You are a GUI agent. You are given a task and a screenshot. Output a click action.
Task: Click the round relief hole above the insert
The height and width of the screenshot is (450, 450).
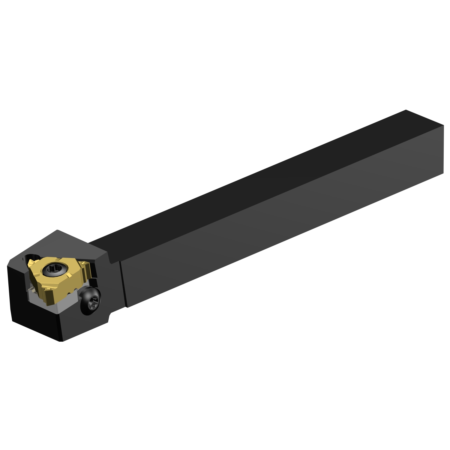point(31,257)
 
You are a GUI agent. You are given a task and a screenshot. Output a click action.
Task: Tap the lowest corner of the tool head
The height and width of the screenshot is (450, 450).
point(62,341)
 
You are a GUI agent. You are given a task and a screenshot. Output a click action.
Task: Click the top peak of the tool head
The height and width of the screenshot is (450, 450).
point(57,230)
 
